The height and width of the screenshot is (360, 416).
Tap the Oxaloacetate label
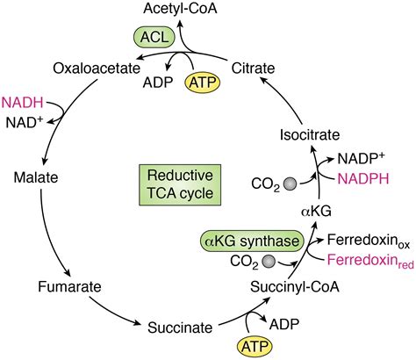(92, 68)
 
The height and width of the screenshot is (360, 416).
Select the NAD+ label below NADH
(25, 120)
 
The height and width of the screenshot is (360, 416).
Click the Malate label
(36, 177)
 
